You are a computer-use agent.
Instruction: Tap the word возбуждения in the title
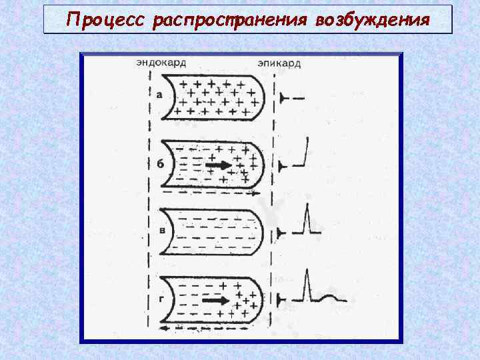pyautogui.click(x=372, y=20)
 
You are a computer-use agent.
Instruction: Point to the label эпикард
pyautogui.click(x=279, y=64)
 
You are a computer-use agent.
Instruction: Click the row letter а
pyautogui.click(x=159, y=95)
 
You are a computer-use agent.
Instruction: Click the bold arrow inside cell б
pyautogui.click(x=219, y=164)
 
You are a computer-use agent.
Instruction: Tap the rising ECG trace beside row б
pyautogui.click(x=303, y=153)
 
